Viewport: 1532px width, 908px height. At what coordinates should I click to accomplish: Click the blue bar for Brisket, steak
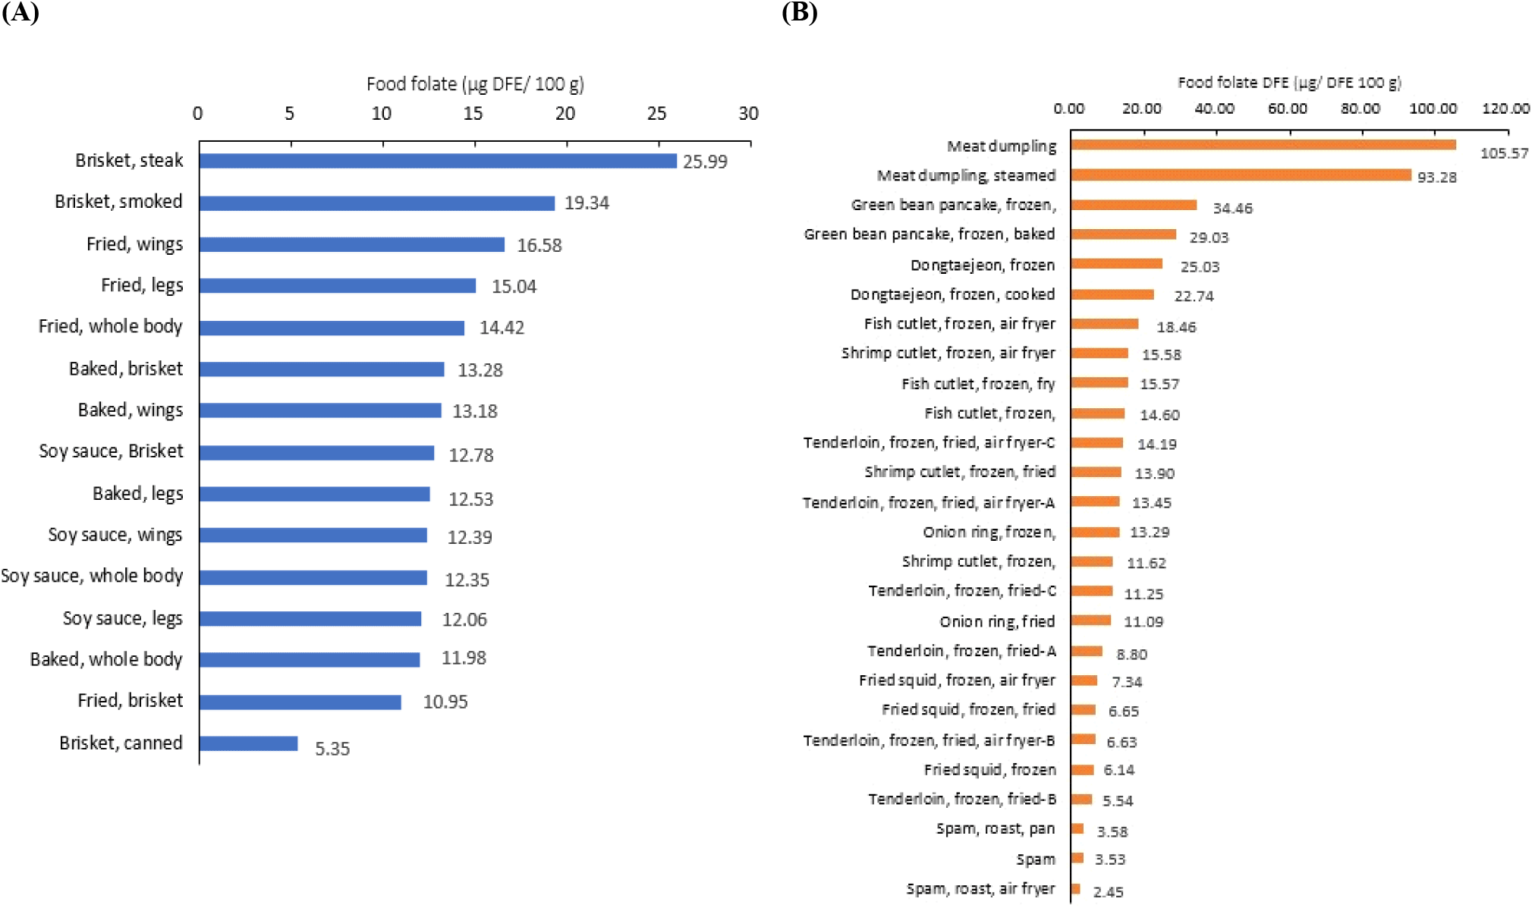[x=438, y=161]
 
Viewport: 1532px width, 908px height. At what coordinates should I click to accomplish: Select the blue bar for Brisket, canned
[x=249, y=743]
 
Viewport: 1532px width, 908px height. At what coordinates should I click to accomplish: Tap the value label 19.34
[x=587, y=203]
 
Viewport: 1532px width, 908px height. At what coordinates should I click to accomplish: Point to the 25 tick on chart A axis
[x=657, y=114]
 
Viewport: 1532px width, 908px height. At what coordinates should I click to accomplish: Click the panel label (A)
[x=20, y=13]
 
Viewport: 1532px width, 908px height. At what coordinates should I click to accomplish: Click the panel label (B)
[x=800, y=13]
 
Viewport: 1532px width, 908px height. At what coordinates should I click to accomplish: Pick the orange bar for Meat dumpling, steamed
[x=1241, y=175]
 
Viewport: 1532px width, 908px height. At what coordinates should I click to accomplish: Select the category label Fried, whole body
[x=111, y=326]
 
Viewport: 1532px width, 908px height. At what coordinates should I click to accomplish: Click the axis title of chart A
[x=475, y=84]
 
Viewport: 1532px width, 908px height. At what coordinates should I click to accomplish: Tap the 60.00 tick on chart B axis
[x=1288, y=108]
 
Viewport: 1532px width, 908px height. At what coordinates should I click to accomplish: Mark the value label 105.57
[x=1504, y=153]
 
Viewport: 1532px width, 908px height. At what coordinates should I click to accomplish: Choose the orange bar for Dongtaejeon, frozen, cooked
[x=1112, y=294]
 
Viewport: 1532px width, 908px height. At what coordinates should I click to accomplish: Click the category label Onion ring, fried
[x=997, y=621]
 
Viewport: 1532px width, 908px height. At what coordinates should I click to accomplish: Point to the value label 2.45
[x=1108, y=892]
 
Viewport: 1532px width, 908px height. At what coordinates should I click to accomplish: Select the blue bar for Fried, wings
[x=352, y=244]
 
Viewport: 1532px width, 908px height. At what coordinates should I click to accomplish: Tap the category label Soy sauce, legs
[x=123, y=618]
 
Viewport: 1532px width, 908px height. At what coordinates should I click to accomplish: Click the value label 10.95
[x=445, y=702]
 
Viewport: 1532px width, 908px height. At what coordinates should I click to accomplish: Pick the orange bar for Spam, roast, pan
[x=1077, y=828]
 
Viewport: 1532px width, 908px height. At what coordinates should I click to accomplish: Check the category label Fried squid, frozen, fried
[x=968, y=709]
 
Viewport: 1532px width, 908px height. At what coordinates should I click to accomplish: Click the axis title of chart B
[x=1289, y=83]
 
